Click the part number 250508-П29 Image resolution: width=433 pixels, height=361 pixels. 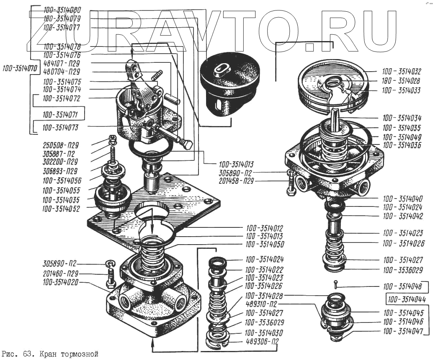61,145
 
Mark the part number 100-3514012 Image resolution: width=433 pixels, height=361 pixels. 264,229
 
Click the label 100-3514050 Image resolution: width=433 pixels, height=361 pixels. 264,245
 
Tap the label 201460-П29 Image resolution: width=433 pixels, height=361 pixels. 61,273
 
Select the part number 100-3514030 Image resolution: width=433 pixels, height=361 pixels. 264,333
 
